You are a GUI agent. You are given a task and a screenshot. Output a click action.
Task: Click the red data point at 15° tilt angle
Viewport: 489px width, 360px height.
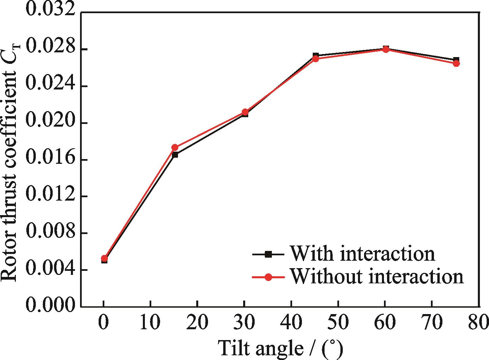175,148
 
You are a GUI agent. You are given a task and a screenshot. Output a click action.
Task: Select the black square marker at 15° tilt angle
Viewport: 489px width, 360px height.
175,155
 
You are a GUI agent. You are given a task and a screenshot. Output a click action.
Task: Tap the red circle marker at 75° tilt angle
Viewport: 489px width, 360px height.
456,63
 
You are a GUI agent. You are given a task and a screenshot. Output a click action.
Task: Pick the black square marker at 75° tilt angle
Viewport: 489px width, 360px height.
456,59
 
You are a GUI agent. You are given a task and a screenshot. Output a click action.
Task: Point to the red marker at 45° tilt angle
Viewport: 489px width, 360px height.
315,59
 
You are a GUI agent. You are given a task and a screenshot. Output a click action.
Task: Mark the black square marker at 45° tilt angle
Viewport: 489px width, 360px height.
315,55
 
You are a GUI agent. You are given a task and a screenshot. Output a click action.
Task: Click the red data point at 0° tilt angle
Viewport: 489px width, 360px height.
104,259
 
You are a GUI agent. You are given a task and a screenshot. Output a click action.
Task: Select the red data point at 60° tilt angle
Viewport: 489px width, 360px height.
386,49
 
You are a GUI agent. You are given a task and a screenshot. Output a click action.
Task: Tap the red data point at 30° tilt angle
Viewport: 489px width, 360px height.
245,112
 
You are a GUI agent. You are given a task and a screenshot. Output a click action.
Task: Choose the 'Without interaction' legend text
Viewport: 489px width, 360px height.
377,277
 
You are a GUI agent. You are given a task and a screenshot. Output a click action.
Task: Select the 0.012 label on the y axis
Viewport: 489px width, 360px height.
50,197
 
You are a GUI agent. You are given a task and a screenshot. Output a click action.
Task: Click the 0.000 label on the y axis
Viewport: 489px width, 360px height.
50,307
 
